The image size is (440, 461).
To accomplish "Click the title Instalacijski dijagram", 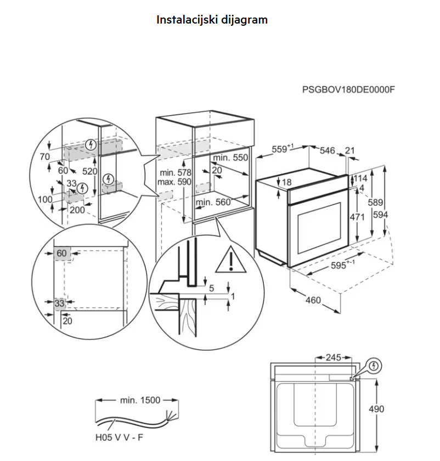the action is pyautogui.click(x=212, y=20).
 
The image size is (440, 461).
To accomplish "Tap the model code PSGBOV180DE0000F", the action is pyautogui.click(x=348, y=89).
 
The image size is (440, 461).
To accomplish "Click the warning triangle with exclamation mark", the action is pyautogui.click(x=231, y=260).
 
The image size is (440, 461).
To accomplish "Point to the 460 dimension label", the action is pyautogui.click(x=313, y=300).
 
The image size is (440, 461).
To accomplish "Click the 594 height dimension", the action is pyautogui.click(x=380, y=215).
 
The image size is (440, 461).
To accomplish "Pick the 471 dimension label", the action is pyautogui.click(x=357, y=217).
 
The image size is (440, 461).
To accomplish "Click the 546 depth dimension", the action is pyautogui.click(x=328, y=151).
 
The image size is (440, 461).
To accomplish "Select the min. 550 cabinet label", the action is pyautogui.click(x=230, y=158).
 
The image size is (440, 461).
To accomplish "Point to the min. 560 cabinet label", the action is pyautogui.click(x=213, y=202).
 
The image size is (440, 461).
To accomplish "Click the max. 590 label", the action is pyautogui.click(x=174, y=182).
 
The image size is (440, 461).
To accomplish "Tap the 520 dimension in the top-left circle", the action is pyautogui.click(x=90, y=171).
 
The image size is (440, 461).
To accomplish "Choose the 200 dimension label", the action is pyautogui.click(x=77, y=210).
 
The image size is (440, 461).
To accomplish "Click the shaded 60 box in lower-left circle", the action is pyautogui.click(x=62, y=253).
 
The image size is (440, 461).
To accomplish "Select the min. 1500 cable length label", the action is pyautogui.click(x=140, y=400).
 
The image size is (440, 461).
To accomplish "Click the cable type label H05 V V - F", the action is pyautogui.click(x=119, y=437).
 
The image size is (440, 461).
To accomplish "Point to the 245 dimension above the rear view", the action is pyautogui.click(x=333, y=358).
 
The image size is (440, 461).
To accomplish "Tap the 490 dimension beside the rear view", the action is pyautogui.click(x=376, y=408).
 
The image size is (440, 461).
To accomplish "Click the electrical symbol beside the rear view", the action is pyautogui.click(x=374, y=366).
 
